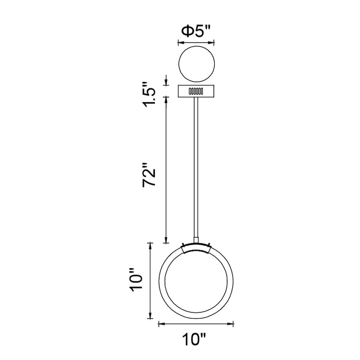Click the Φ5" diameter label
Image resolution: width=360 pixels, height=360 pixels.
tap(196, 31)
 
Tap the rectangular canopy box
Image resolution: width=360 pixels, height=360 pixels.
tap(197, 91)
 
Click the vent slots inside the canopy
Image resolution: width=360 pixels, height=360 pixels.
tap(195, 91)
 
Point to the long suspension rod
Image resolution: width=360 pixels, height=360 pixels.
tap(196, 167)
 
